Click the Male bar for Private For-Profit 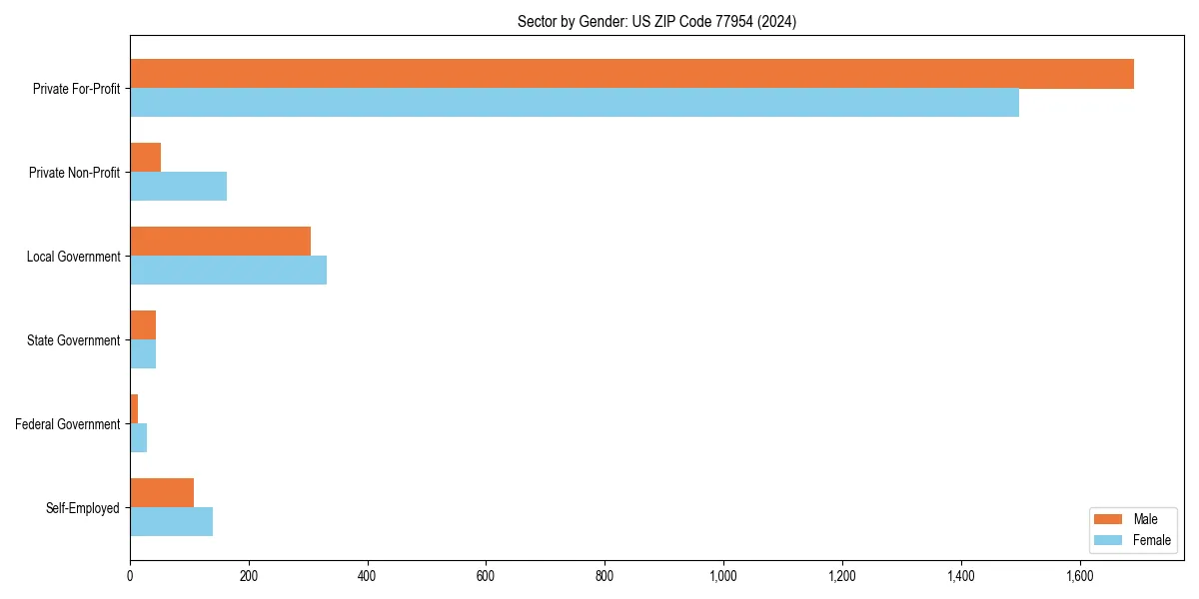pyautogui.click(x=631, y=74)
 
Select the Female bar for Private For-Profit pyautogui.click(x=575, y=103)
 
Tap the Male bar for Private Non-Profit pyautogui.click(x=146, y=158)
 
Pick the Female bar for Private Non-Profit pyautogui.click(x=178, y=187)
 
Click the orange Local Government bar pyautogui.click(x=220, y=242)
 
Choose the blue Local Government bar pyautogui.click(x=228, y=271)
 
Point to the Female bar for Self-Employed pyautogui.click(x=171, y=522)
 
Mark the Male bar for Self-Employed pyautogui.click(x=162, y=493)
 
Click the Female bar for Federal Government pyautogui.click(x=139, y=438)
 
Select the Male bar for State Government pyautogui.click(x=143, y=325)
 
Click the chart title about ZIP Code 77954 pyautogui.click(x=656, y=21)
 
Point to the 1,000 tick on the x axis pyautogui.click(x=723, y=576)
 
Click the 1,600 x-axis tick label pyautogui.click(x=1079, y=576)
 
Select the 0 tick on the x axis pyautogui.click(x=130, y=576)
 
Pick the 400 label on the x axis pyautogui.click(x=368, y=576)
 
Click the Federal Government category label pyautogui.click(x=68, y=424)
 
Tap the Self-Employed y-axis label pyautogui.click(x=83, y=508)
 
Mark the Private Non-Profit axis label pyautogui.click(x=75, y=173)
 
